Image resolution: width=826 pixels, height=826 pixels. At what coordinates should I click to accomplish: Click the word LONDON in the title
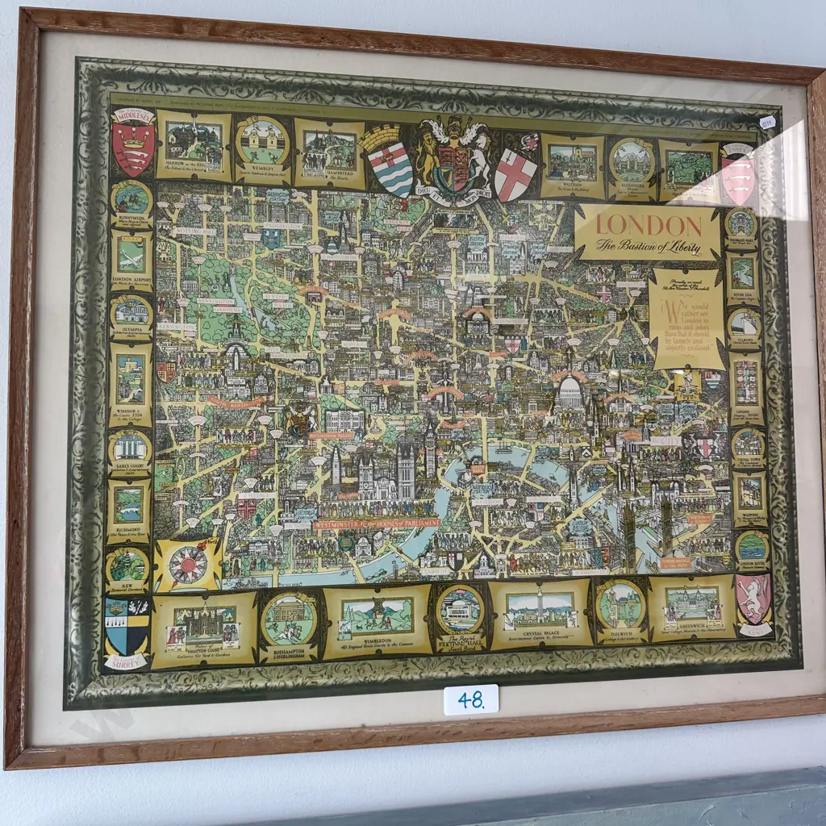tap(649, 224)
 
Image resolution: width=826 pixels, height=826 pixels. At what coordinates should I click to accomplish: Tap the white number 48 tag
tap(470, 699)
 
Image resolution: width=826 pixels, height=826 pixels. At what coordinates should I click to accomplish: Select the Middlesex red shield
tap(133, 146)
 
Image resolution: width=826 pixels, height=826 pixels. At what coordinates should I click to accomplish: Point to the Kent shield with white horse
tap(753, 598)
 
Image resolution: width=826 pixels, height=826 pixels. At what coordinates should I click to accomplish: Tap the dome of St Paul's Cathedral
tap(570, 392)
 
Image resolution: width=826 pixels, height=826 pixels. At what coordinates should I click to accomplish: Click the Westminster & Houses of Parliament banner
tap(377, 523)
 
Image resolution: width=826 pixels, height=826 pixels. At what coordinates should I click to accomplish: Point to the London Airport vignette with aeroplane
tap(131, 256)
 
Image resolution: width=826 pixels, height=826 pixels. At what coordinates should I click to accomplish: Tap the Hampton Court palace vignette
tap(205, 626)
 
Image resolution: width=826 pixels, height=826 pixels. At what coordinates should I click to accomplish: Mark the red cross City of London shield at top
tap(515, 173)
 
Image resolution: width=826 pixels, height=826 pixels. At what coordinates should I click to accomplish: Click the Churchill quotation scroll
tap(686, 319)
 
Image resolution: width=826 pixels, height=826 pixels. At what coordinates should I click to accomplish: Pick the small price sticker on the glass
tap(767, 121)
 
